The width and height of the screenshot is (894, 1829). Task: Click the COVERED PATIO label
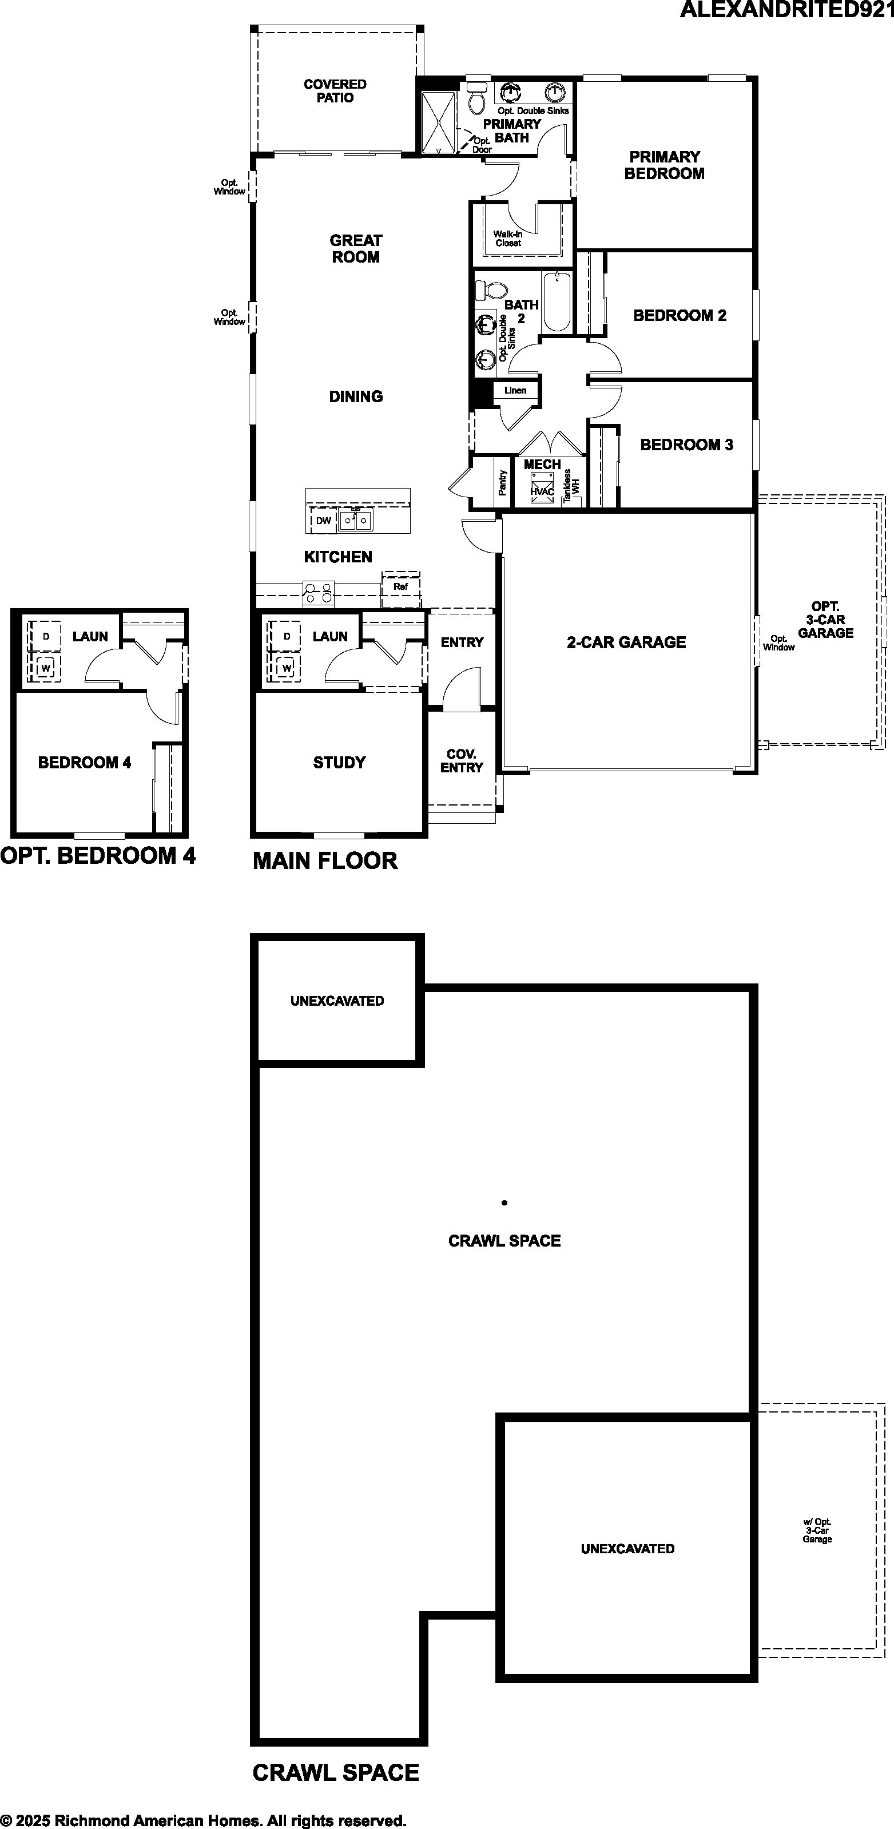pyautogui.click(x=335, y=91)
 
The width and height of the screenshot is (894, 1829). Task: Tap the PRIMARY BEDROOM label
pyautogui.click(x=665, y=165)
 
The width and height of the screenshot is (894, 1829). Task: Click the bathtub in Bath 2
pyautogui.click(x=557, y=301)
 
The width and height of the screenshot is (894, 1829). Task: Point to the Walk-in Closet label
pyautogui.click(x=508, y=239)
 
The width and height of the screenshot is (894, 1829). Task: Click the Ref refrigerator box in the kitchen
pyautogui.click(x=400, y=586)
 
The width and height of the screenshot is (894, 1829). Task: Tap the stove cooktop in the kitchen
pyautogui.click(x=318, y=593)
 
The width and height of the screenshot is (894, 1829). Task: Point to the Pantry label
pyautogui.click(x=503, y=483)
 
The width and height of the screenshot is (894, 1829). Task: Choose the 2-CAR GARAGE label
pyautogui.click(x=626, y=642)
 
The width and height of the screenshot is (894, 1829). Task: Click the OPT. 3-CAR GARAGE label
pyautogui.click(x=825, y=620)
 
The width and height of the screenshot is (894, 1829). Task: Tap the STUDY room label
pyautogui.click(x=339, y=763)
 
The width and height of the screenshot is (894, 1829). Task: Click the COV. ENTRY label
pyautogui.click(x=462, y=760)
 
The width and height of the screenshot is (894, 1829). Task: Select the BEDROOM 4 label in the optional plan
pyautogui.click(x=85, y=763)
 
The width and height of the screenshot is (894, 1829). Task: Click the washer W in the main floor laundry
pyautogui.click(x=287, y=668)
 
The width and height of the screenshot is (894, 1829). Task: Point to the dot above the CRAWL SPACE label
pyautogui.click(x=504, y=1203)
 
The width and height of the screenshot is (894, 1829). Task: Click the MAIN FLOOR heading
pyautogui.click(x=325, y=860)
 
